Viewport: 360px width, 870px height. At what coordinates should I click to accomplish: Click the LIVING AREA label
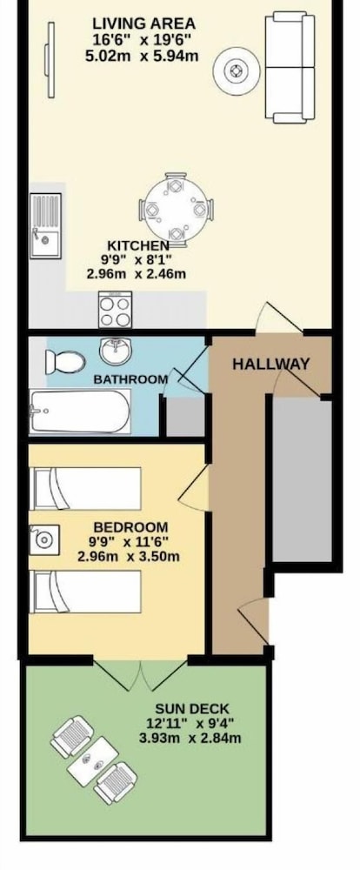(x=143, y=24)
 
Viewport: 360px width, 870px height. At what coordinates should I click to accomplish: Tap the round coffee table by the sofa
(x=237, y=71)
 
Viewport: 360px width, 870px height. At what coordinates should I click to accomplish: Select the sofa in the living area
(x=290, y=68)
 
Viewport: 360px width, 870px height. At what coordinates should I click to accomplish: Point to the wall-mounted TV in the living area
(x=50, y=60)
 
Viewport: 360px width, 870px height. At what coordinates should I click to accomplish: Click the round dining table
(x=176, y=210)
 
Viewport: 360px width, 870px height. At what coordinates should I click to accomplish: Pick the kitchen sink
(x=45, y=226)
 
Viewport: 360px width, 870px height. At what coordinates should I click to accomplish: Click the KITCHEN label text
(x=138, y=245)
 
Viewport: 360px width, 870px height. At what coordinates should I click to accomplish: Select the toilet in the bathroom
(x=65, y=362)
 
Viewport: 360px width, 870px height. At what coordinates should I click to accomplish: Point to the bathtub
(x=80, y=412)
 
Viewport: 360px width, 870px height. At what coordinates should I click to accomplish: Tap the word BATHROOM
(x=130, y=379)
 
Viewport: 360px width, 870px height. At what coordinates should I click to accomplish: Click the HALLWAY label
(x=270, y=365)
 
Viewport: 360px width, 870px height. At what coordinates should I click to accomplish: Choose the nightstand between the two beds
(x=43, y=540)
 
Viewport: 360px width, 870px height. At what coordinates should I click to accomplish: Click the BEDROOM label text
(x=130, y=527)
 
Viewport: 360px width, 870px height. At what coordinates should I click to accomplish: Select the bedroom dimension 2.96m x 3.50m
(x=129, y=557)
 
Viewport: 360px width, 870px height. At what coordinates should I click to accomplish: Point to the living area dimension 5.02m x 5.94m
(x=142, y=56)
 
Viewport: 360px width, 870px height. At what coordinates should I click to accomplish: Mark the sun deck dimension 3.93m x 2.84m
(x=190, y=739)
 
